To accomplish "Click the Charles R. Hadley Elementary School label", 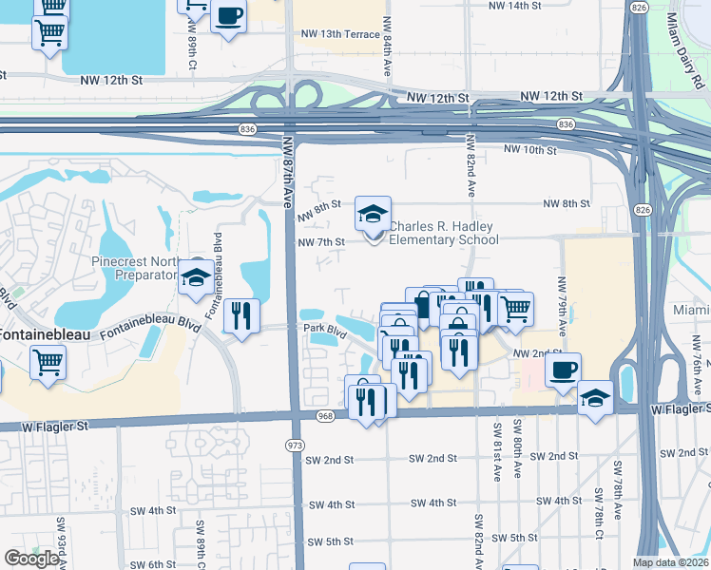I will tap(444, 233).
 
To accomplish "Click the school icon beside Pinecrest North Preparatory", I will tap(197, 276).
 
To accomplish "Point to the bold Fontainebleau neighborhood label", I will tap(39, 334).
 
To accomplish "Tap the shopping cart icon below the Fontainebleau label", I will tap(48, 361).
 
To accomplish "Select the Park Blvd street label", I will tap(323, 329).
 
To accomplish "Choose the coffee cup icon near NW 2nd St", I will tap(563, 369).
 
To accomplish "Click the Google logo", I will tap(31, 559).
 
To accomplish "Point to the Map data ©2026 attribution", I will tap(671, 562).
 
